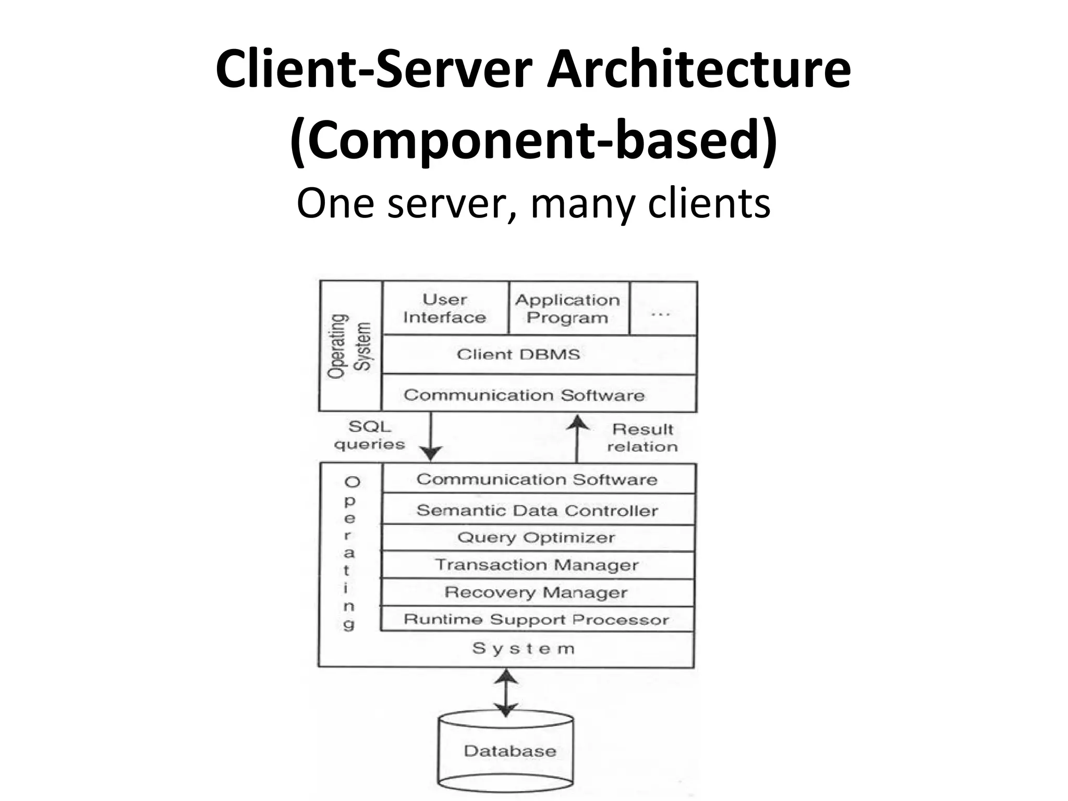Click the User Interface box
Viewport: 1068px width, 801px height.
(445, 308)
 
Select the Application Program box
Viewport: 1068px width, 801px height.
(568, 308)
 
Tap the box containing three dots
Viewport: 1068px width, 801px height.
(662, 308)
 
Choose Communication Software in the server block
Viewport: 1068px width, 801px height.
(537, 479)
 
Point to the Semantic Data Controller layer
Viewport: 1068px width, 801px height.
(537, 510)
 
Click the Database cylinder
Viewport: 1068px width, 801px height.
(506, 751)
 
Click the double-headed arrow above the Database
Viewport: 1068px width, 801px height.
(506, 693)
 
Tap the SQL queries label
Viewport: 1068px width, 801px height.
(369, 435)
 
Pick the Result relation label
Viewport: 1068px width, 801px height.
(642, 438)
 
